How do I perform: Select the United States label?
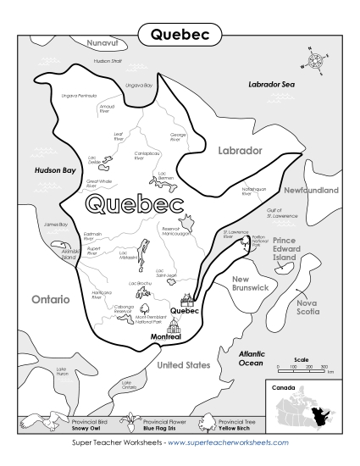pos(183,364)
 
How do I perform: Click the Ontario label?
pos(50,299)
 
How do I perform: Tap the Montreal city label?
pos(166,336)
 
